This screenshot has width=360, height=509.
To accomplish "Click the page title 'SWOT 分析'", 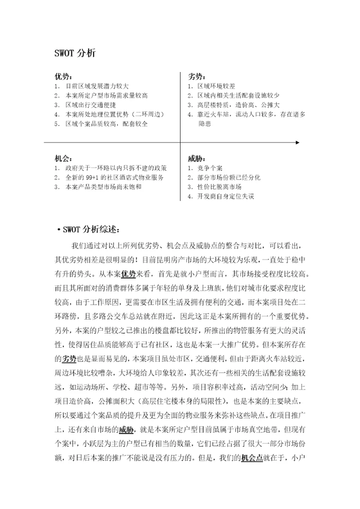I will pyautogui.click(x=74, y=52).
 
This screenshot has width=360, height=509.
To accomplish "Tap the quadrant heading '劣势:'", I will pyautogui.click(x=196, y=76).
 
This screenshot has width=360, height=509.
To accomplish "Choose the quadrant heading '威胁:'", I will pyautogui.click(x=196, y=158).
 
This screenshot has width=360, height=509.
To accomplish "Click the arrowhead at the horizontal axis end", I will pyautogui.click(x=297, y=142).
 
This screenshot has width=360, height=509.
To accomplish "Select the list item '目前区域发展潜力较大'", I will pyautogui.click(x=97, y=86).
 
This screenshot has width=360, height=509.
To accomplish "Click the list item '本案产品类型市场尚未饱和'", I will pyautogui.click(x=103, y=186).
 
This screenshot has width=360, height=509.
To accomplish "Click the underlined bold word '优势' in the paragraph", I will pyautogui.click(x=128, y=274).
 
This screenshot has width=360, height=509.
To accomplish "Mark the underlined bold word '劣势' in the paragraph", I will pyautogui.click(x=69, y=358).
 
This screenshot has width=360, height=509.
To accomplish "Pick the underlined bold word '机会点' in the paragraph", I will pyautogui.click(x=251, y=457).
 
